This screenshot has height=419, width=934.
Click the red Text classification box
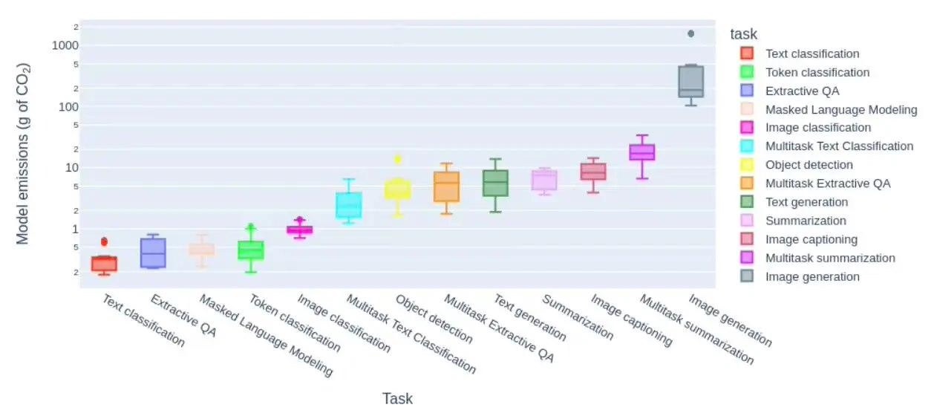pyautogui.click(x=104, y=264)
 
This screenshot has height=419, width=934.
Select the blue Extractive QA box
pyautogui.click(x=153, y=253)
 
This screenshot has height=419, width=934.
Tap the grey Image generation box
pyautogui.click(x=690, y=82)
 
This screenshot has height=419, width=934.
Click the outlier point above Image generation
pyautogui.click(x=691, y=33)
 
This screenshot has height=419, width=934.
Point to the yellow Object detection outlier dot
pyautogui.click(x=397, y=158)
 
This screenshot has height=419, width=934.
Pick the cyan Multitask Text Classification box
pyautogui.click(x=348, y=205)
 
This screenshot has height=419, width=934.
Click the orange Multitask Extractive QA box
pyautogui.click(x=446, y=186)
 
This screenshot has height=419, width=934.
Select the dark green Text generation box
pyautogui.click(x=495, y=183)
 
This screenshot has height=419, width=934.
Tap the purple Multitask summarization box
pyautogui.click(x=642, y=152)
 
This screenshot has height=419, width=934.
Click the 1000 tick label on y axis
pyautogui.click(x=65, y=45)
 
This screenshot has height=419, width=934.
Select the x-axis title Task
pyautogui.click(x=397, y=399)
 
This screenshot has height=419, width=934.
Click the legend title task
pyautogui.click(x=743, y=34)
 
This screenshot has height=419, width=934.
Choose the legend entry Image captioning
pyautogui.click(x=811, y=239)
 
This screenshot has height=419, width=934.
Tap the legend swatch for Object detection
pyautogui.click(x=747, y=165)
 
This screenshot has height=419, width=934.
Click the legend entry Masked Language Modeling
pyautogui.click(x=841, y=109)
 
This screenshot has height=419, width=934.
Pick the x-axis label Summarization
pyautogui.click(x=578, y=317)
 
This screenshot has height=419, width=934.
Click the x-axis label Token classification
pyautogui.click(x=293, y=323)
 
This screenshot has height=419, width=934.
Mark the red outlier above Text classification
pyautogui.click(x=104, y=241)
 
